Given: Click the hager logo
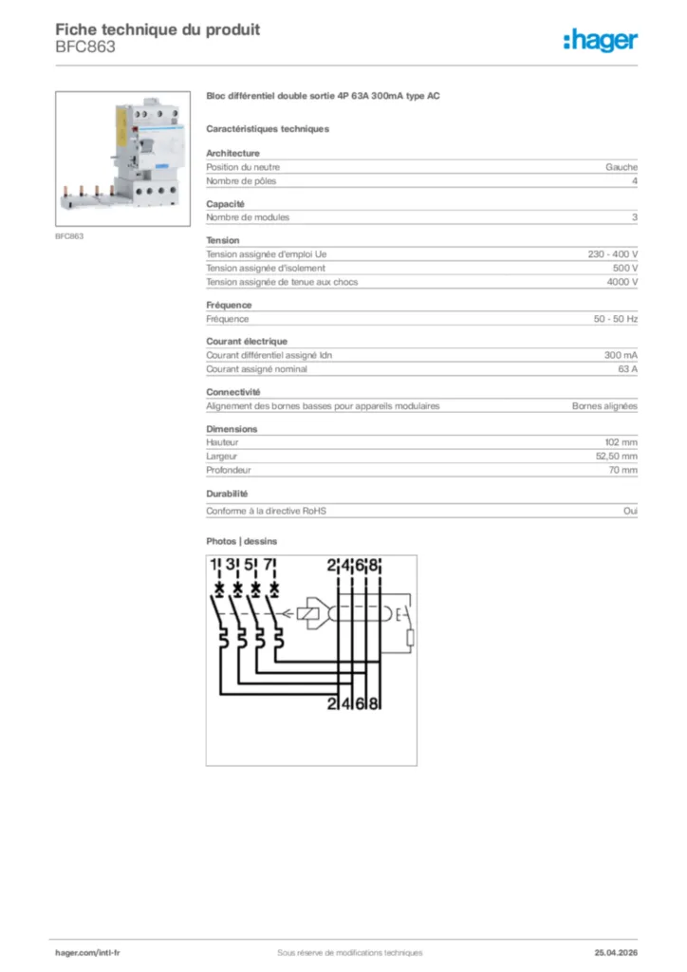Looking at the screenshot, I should pos(600,40).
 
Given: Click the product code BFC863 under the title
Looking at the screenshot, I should pos(85,47).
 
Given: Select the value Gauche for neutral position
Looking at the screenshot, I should pos(622,167).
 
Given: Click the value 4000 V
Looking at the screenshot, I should pos(622,282).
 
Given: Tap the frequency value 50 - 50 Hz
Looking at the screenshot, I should pos(615,319).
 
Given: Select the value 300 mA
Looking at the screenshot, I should pos(621,355).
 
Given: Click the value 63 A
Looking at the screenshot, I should pos(627,369).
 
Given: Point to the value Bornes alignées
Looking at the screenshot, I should pos(604,406).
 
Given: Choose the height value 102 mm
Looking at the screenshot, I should pos(622,442).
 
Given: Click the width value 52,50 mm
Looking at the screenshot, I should pos(617,457).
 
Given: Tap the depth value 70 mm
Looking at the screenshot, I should pos(623,470).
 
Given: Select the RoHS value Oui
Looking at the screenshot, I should pos(630,511).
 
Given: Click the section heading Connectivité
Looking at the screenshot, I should pos(233,392).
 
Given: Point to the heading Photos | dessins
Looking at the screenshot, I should pos(242,541).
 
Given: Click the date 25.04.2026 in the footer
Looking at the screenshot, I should pos(615,953).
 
